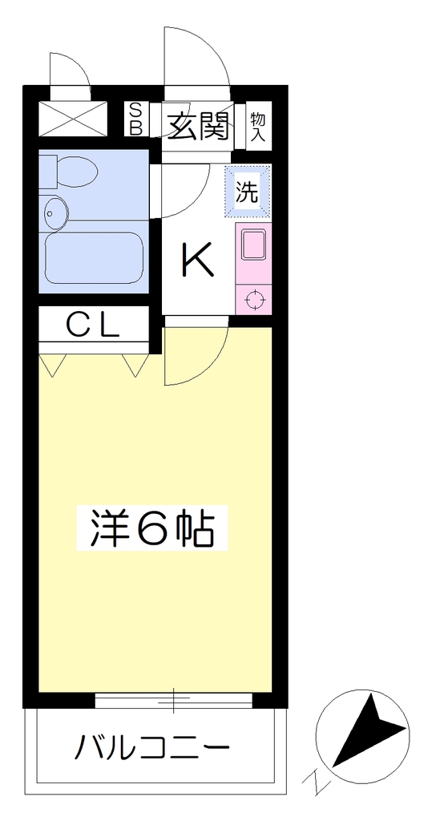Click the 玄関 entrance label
point(199,127)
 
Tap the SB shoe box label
point(135,119)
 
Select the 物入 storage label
point(258,126)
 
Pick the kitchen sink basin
point(254,245)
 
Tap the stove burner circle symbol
point(254,300)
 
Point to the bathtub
point(95,257)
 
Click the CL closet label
point(93,326)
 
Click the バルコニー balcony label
point(151,748)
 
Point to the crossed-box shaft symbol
point(73,119)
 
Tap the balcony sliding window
point(173,700)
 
